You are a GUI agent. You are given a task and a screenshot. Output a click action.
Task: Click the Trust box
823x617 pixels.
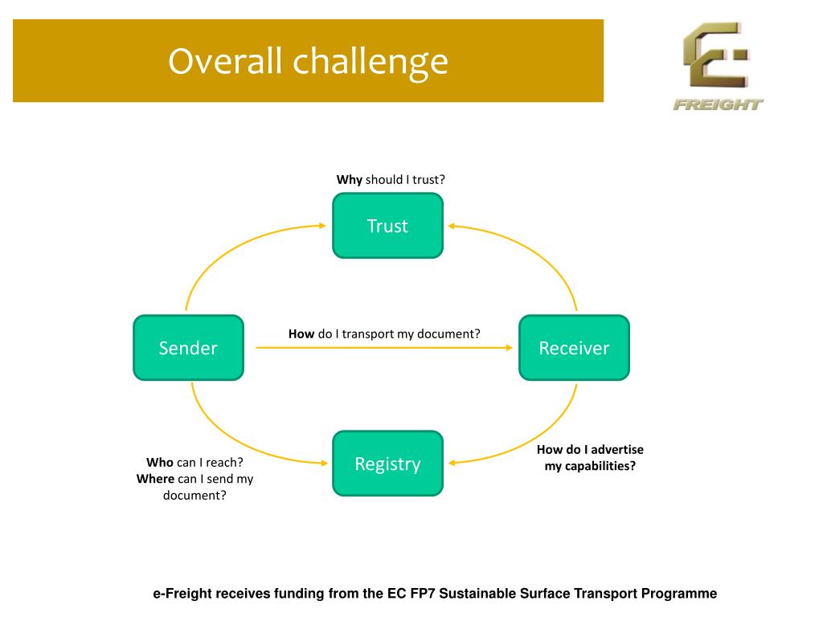point(387,226)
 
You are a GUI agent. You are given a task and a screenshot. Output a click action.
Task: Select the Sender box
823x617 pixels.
point(188,348)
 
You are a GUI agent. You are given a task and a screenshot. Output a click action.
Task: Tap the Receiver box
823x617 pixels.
point(574,348)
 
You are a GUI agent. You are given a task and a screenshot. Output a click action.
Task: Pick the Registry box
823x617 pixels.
point(387,464)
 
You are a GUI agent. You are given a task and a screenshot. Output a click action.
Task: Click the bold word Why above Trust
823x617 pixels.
point(350,180)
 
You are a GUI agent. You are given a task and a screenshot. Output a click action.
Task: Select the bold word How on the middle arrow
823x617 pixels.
point(301,333)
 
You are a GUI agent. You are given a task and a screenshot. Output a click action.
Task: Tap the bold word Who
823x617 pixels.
point(160,463)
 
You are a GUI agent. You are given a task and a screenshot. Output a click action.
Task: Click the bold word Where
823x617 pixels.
point(155,479)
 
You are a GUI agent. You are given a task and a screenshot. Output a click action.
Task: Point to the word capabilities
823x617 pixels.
point(600,466)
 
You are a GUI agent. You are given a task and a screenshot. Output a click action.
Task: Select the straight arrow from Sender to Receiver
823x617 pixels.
point(384,348)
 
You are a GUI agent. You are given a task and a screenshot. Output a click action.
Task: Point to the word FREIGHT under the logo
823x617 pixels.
point(718,104)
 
